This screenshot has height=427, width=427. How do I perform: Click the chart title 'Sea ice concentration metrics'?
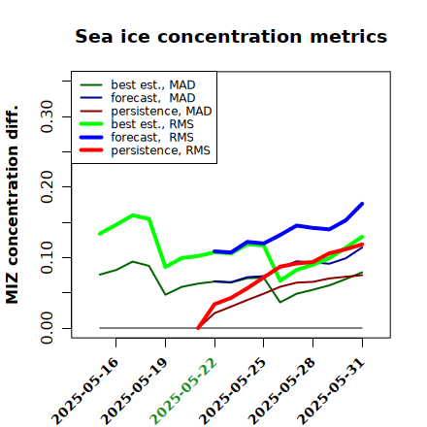tap(231, 36)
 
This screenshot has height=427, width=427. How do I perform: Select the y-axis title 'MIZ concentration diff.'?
tap(12, 205)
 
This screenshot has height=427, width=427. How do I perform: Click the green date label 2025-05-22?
tap(183, 391)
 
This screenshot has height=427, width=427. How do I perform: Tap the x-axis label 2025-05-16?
tap(84, 391)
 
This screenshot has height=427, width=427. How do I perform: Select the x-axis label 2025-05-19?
tap(134, 391)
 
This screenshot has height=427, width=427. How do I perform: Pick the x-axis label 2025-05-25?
tap(232, 391)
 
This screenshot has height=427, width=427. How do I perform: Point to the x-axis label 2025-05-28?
tap(281, 391)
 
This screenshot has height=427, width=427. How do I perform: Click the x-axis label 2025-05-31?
tap(331, 391)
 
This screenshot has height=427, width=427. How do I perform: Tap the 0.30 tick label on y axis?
tap(48, 116)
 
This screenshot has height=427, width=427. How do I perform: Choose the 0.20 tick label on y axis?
tap(48, 187)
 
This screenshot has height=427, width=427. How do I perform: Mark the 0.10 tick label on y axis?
tap(48, 257)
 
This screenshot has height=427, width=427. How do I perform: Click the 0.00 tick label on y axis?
tap(48, 328)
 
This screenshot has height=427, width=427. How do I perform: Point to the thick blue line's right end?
tap(362, 204)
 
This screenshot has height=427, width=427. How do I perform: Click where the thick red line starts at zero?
tap(198, 328)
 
